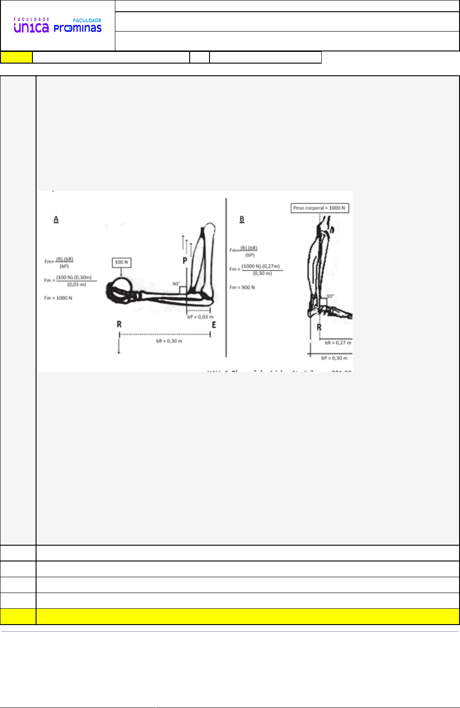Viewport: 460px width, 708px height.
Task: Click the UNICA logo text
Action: coord(31,28)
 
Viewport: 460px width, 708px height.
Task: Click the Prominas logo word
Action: coord(77,28)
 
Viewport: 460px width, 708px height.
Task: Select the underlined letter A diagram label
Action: coord(56,219)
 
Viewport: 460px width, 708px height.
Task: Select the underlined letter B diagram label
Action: coord(242,219)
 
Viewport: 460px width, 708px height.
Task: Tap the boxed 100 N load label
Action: coord(121,262)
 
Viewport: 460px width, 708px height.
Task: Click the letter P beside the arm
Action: coord(185,261)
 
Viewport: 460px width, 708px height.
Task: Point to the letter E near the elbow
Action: coord(214,325)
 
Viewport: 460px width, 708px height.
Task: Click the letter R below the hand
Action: coord(119,324)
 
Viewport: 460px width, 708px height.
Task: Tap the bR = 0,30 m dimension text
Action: coord(169,341)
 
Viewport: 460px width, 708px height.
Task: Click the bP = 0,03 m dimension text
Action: coord(200,317)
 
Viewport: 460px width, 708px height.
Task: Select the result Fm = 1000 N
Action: coord(58,298)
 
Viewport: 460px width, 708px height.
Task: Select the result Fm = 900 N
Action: coord(242,287)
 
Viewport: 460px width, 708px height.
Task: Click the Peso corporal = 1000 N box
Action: coord(319,208)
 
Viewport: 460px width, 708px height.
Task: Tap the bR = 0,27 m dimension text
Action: coord(338,343)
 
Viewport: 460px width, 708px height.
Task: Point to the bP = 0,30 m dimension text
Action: coord(334,358)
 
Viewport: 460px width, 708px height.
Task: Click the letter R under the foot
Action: coord(319,327)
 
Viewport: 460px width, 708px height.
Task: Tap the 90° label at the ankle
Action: coord(330,296)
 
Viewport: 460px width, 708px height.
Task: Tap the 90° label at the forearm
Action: coord(176,284)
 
